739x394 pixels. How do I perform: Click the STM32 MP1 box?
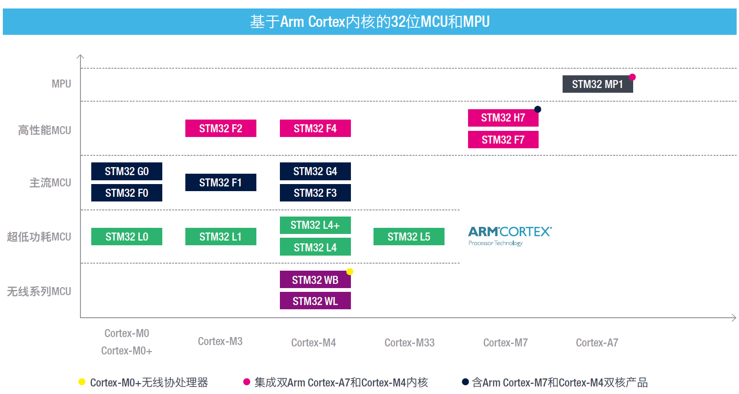point(597,84)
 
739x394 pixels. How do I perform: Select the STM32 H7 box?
point(503,118)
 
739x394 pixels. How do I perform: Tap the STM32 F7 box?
point(503,140)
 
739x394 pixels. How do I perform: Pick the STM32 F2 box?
point(221,129)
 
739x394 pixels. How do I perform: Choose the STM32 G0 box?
point(127,171)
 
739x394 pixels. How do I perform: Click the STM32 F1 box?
point(221,183)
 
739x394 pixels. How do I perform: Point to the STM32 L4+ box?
point(315,225)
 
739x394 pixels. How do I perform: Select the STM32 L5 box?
point(409,237)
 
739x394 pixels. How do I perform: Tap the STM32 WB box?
point(315,280)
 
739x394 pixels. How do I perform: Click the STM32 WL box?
point(315,301)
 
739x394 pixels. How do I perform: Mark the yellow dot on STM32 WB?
point(350,272)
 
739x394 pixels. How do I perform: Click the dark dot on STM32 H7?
point(538,109)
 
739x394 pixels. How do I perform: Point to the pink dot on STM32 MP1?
point(632,77)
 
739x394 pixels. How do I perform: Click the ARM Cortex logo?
point(509,235)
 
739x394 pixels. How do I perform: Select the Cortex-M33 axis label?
point(409,343)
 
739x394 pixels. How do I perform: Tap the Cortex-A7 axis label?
point(597,343)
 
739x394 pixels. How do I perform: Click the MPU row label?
point(61,84)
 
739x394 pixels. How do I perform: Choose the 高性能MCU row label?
point(45,130)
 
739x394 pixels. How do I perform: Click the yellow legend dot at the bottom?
point(82,382)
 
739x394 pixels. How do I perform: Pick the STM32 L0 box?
point(127,237)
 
